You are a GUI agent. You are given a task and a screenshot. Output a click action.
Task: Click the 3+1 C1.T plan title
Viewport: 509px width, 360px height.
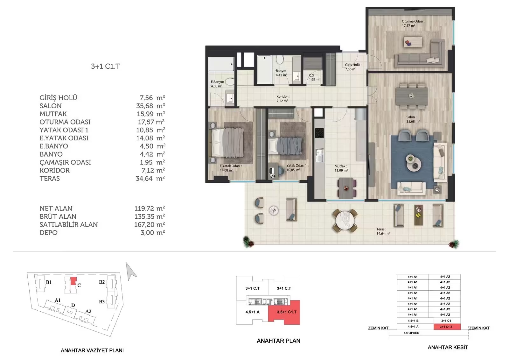[x=105, y=66]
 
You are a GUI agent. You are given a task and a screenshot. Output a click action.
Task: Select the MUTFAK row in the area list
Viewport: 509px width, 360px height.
[x=102, y=114]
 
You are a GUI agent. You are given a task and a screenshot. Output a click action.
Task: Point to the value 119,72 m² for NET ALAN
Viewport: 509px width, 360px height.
[x=150, y=208]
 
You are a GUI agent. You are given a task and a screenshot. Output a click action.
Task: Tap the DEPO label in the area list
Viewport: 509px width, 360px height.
[x=48, y=233]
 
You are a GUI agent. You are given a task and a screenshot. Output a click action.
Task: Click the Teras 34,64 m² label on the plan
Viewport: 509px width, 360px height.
[x=383, y=231]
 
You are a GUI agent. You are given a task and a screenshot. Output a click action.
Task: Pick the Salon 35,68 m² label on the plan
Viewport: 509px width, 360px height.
[x=413, y=119]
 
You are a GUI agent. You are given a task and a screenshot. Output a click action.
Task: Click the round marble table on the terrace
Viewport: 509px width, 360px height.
[x=345, y=220]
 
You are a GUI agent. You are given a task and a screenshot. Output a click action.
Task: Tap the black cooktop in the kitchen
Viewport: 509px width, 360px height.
[x=319, y=133]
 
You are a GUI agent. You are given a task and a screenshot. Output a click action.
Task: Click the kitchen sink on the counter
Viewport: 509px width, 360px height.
[x=319, y=155]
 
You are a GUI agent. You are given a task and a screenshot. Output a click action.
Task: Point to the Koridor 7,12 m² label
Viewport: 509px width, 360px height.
[x=283, y=99]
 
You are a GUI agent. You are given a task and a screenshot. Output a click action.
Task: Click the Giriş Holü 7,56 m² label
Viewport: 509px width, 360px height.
[x=353, y=67]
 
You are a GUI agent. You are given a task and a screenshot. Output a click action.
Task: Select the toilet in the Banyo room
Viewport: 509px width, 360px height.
[x=280, y=60]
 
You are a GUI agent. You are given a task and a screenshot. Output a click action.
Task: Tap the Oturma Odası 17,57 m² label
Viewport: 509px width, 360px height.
[x=413, y=24]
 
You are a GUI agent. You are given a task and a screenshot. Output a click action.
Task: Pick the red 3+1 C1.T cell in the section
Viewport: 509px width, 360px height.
[x=447, y=327]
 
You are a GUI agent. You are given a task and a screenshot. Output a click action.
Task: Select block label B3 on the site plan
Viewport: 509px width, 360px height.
[x=102, y=302]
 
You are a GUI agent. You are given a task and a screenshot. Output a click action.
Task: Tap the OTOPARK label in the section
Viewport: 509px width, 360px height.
[x=412, y=333]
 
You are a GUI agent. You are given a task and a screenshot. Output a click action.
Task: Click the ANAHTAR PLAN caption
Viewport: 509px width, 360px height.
[x=278, y=341]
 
